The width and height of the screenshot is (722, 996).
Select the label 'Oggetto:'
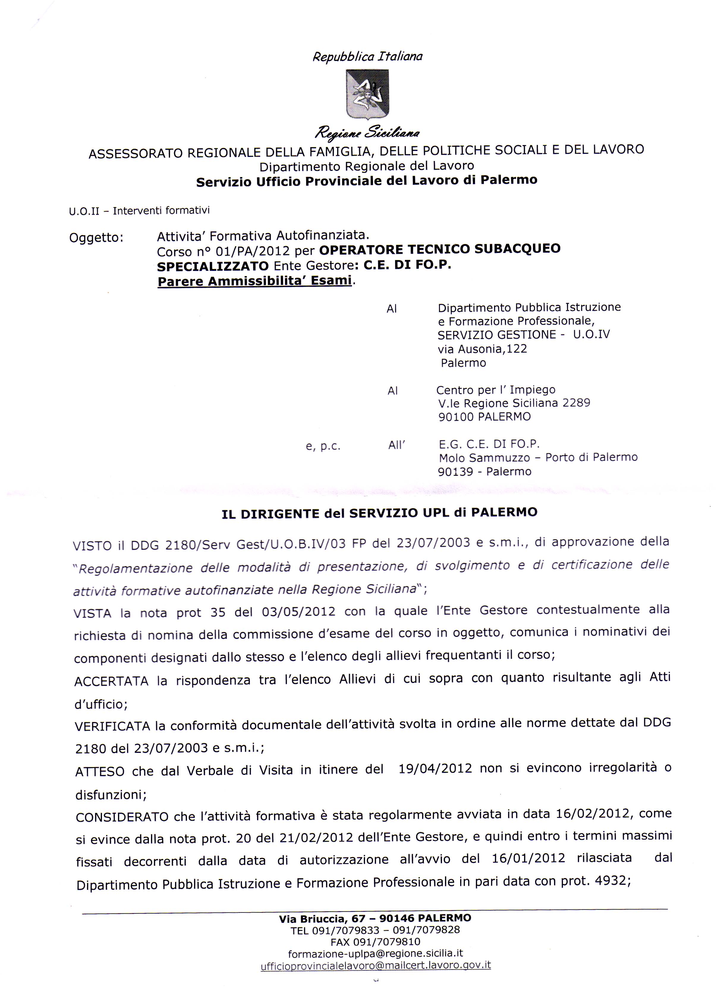[x=96, y=237]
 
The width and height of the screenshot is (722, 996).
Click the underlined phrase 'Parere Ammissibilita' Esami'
[x=255, y=281]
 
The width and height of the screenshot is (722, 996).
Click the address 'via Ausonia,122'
[x=482, y=349]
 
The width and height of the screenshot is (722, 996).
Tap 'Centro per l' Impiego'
[x=496, y=390]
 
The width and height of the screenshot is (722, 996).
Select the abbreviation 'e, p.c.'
[x=323, y=446]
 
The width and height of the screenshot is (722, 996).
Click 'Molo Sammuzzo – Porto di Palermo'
[x=538, y=458]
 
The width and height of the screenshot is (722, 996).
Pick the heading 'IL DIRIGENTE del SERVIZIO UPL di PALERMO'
[x=380, y=513]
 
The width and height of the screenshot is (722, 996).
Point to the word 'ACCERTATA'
[x=111, y=681]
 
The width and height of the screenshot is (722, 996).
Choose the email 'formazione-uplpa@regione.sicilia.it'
[x=375, y=953]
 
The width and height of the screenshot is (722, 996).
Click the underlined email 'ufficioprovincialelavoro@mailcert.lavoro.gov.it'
[x=375, y=965]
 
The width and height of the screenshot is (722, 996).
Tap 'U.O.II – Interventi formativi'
[x=139, y=211]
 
